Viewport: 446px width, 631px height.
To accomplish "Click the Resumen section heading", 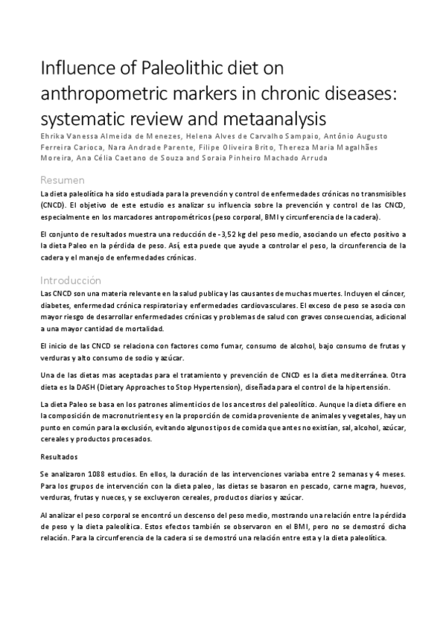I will pyautogui.click(x=63, y=181).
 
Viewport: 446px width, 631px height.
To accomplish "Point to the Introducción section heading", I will pyautogui.click(x=71, y=281).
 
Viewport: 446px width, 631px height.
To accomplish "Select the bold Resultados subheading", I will pyautogui.click(x=61, y=456).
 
